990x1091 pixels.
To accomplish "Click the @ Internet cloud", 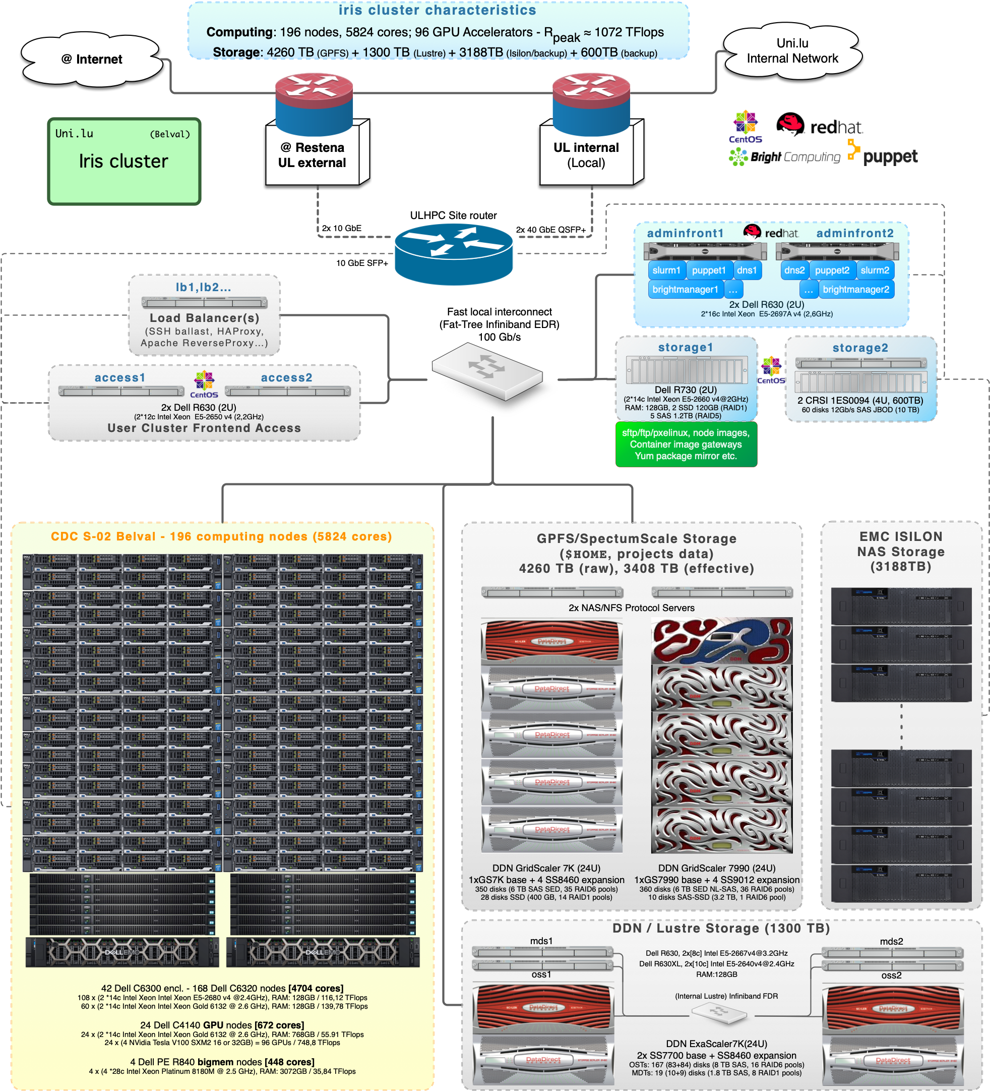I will tap(92, 59).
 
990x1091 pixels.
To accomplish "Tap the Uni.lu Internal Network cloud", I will tap(792, 51).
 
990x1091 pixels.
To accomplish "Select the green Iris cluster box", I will tap(124, 161).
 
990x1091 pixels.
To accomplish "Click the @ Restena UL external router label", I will tap(312, 155).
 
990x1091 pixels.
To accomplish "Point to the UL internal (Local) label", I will tap(586, 155).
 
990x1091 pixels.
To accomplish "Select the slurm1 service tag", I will tap(666, 270).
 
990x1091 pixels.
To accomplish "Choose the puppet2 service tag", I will tap(832, 270).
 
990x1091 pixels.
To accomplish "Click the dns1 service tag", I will tap(747, 270).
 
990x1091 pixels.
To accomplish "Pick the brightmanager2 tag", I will tap(855, 290).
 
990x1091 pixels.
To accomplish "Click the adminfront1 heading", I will tap(685, 233).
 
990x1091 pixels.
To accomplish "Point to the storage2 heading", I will tap(860, 348).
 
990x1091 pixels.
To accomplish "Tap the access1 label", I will tap(120, 378).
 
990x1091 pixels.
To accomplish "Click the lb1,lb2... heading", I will tap(203, 287).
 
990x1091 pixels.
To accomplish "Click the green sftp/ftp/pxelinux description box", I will tap(686, 444).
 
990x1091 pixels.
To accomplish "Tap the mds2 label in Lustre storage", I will tap(891, 941).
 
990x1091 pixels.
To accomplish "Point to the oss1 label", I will tap(541, 974).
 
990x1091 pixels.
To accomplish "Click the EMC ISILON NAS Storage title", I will tap(901, 551).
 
